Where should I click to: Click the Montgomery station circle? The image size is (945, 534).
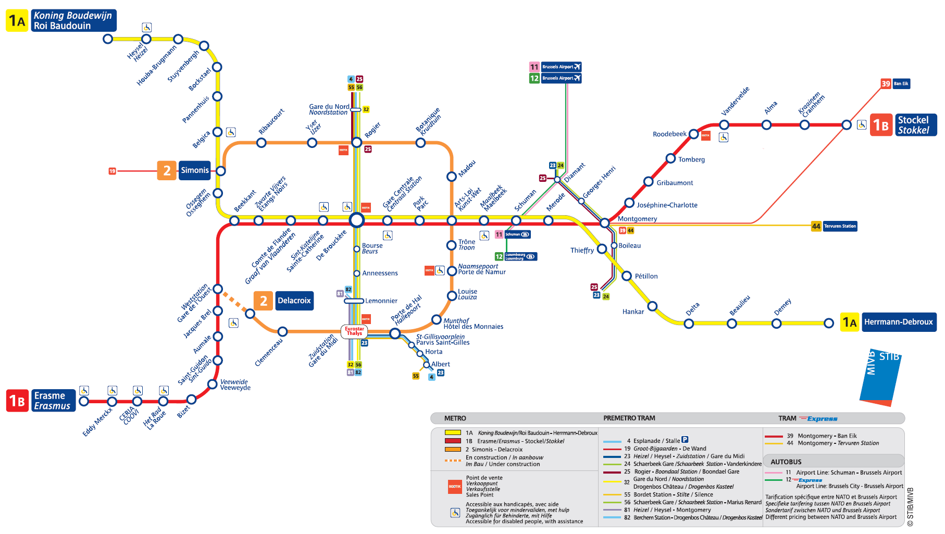point(604,223)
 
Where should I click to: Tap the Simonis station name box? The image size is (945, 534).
point(194,170)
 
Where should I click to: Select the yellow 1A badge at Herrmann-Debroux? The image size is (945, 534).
point(850,322)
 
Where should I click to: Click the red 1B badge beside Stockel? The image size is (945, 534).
point(881,125)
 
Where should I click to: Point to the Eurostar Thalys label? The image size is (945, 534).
point(354,331)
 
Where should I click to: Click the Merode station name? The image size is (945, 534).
point(555,202)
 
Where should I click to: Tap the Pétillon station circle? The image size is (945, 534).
point(627,276)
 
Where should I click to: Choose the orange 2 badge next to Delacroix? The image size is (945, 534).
point(263,301)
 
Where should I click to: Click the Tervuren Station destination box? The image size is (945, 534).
point(840,226)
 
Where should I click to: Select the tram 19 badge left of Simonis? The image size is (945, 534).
point(112,171)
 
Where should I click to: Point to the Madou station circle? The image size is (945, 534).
point(452,177)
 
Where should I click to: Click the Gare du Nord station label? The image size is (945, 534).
point(329,109)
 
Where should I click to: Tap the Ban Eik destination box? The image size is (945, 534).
point(901,84)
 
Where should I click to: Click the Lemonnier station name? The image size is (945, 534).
point(381,301)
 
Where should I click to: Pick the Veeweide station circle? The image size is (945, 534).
point(212,384)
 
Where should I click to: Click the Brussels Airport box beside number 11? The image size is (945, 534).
point(561,67)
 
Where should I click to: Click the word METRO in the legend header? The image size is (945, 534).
point(455,418)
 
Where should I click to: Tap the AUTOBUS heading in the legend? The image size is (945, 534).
point(786,462)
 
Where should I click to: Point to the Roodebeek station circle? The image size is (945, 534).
point(693,134)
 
